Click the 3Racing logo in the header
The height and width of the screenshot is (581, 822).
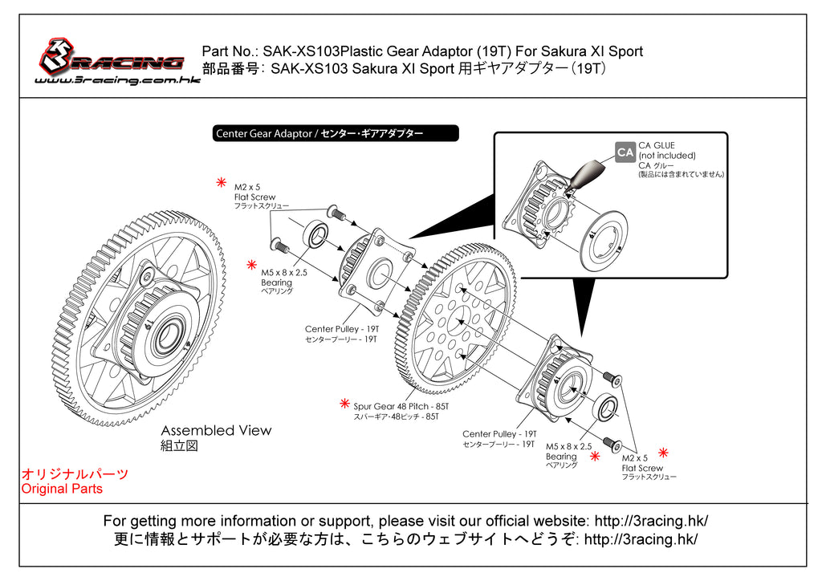112,58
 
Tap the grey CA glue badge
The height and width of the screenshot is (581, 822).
625,152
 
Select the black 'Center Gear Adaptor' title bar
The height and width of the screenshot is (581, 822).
336,133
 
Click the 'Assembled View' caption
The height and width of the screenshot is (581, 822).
216,431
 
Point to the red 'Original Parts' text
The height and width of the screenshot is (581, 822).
62,489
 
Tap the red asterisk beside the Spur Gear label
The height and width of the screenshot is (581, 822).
344,403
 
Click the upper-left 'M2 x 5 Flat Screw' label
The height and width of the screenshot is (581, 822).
254,192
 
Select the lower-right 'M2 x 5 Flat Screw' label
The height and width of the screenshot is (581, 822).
642,463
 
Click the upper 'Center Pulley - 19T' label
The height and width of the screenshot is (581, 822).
341,329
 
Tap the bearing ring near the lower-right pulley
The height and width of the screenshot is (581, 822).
606,408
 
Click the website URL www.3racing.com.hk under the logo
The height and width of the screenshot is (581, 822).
117,80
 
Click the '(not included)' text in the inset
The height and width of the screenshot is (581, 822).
666,156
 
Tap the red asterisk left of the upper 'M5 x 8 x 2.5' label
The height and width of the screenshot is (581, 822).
251,264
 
